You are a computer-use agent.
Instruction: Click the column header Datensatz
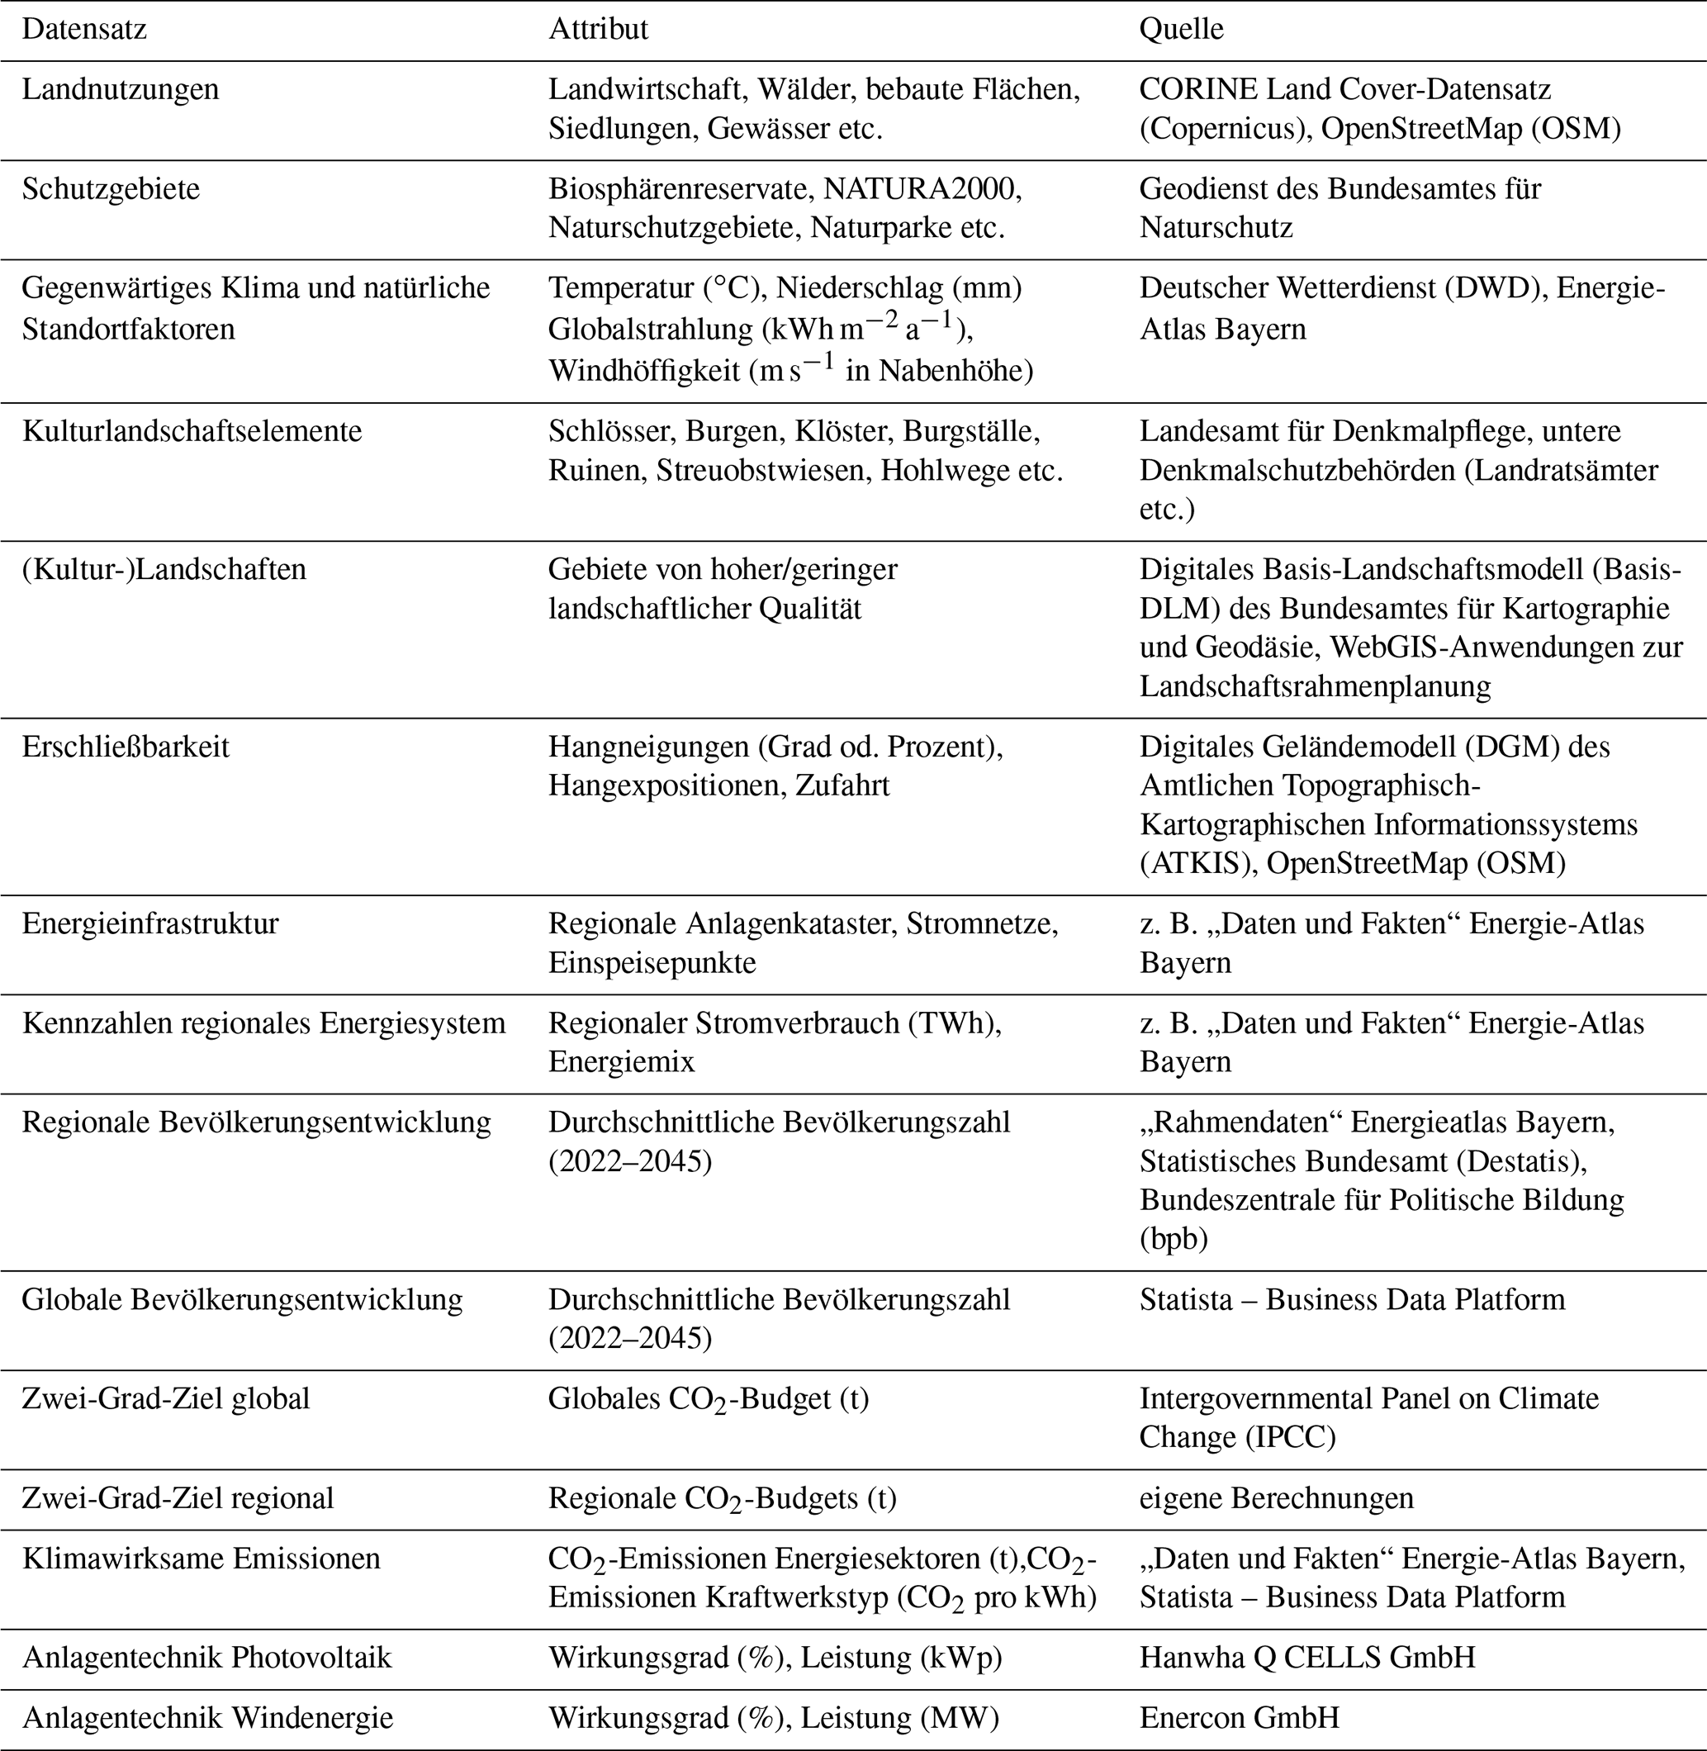coord(84,30)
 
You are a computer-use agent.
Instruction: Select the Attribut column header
coord(598,30)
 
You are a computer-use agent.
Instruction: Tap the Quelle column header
coord(1181,30)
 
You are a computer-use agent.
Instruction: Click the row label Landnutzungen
coord(120,90)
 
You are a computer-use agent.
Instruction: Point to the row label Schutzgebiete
coord(111,189)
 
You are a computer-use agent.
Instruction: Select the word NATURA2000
coord(922,189)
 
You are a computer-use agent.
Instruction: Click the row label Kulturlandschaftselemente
coord(192,431)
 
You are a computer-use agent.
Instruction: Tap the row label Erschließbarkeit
coord(126,747)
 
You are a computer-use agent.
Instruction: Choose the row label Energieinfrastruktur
coord(149,923)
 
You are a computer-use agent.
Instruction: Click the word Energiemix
coord(621,1061)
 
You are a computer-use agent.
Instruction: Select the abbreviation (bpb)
coord(1174,1239)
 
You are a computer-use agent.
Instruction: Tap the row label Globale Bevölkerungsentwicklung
coord(242,1299)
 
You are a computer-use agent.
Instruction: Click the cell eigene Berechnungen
coord(1276,1498)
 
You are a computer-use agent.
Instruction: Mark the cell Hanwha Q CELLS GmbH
coord(1307,1657)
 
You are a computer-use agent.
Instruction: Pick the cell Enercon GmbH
coord(1239,1718)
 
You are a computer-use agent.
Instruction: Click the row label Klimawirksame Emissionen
coord(201,1559)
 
